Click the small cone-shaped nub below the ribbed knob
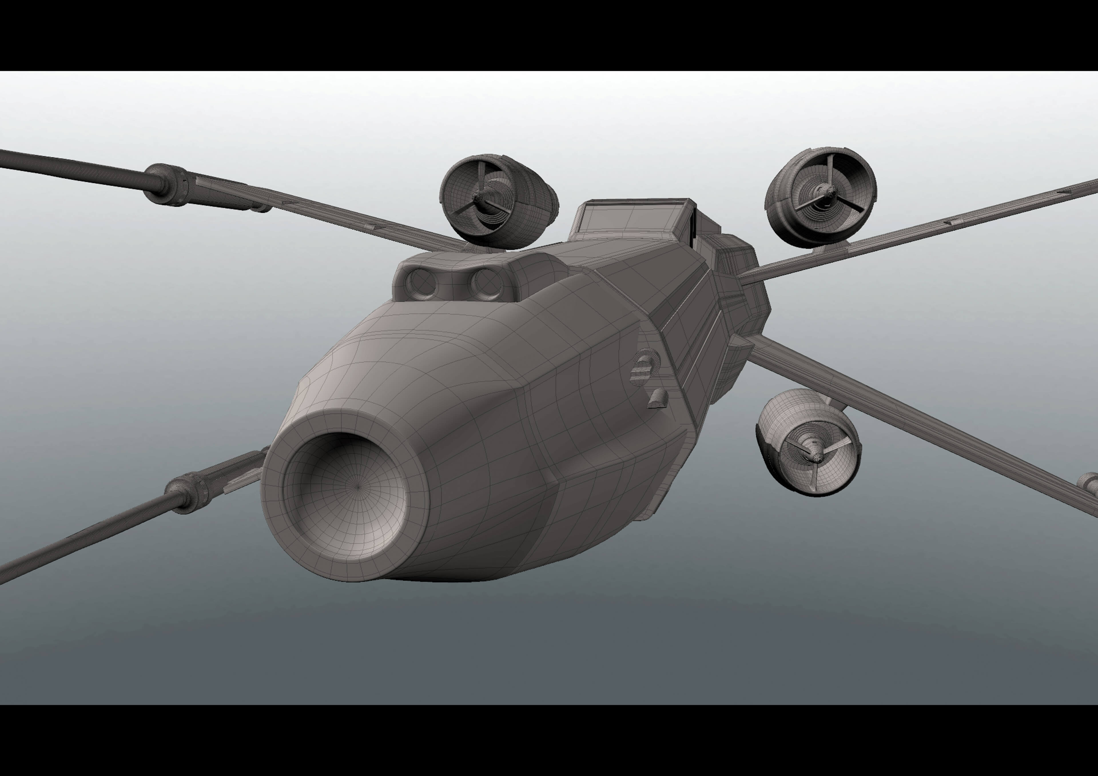(659, 398)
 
